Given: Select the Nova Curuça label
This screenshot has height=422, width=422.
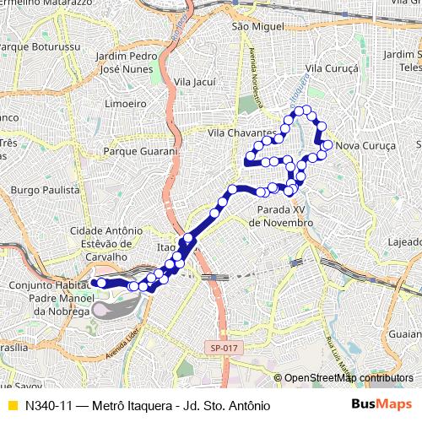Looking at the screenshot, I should tap(365, 146).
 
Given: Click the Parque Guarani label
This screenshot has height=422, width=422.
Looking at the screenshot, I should tap(139, 152).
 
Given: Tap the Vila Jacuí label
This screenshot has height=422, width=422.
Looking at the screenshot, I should tap(196, 82).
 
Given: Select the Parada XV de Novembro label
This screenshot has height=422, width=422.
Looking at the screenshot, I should tap(282, 216).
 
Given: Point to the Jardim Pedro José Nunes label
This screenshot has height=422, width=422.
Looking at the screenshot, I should tap(127, 62).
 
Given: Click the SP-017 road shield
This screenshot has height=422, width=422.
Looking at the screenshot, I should tap(219, 347).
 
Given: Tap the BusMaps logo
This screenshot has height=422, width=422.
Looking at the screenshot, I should tap(381, 405).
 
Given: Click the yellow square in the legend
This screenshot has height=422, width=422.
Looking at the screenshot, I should tap(12, 405).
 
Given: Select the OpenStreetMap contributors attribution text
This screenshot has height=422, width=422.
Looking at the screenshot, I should tap(349, 377).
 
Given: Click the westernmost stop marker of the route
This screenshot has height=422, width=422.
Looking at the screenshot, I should tap(99, 283).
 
